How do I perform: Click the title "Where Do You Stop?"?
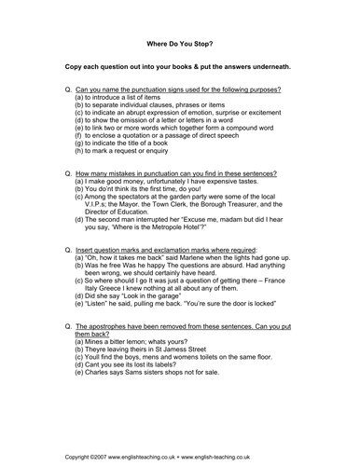pos(179,42)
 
